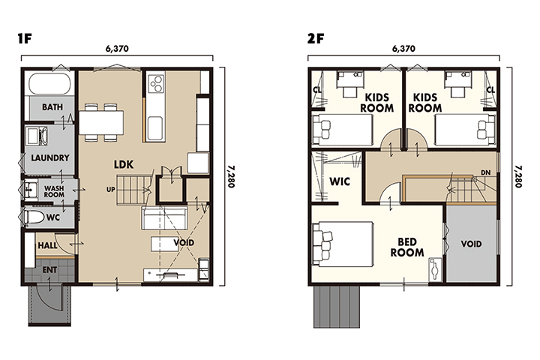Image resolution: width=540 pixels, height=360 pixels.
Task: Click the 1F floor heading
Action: pyautogui.click(x=25, y=38)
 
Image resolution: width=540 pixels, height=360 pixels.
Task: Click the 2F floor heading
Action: pyautogui.click(x=316, y=38)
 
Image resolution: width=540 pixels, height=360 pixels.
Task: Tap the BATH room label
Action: pyautogui.click(x=52, y=107)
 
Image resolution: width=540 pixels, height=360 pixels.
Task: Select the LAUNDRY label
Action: pyautogui.click(x=50, y=157)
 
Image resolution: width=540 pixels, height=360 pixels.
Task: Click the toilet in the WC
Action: pyautogui.click(x=34, y=217)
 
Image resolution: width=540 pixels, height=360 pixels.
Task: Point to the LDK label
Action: pyautogui.click(x=124, y=165)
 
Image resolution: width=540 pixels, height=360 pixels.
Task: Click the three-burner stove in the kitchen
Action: pyautogui.click(x=156, y=84)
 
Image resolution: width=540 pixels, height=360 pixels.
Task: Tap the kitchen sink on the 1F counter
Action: pyautogui.click(x=154, y=127)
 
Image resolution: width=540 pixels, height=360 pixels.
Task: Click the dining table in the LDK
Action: pyautogui.click(x=101, y=122)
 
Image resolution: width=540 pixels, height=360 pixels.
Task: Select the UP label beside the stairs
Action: pyautogui.click(x=110, y=190)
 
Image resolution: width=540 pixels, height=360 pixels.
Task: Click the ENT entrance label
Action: pyautogui.click(x=49, y=270)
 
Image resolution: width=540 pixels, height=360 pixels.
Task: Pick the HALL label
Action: pyautogui.click(x=47, y=246)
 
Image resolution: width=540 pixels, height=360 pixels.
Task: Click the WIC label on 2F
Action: pyautogui.click(x=340, y=181)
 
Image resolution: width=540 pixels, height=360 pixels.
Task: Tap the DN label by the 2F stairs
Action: pyautogui.click(x=485, y=172)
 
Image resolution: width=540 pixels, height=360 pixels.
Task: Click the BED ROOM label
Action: pyautogui.click(x=407, y=247)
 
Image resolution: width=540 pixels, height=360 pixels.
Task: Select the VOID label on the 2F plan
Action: pyautogui.click(x=471, y=244)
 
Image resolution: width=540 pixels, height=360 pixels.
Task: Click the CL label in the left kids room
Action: pyautogui.click(x=317, y=90)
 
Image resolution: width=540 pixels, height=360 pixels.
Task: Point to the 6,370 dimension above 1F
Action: pyautogui.click(x=117, y=49)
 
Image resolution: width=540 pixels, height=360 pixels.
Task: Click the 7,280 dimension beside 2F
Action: pyautogui.click(x=518, y=176)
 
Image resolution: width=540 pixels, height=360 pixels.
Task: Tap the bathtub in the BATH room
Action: pyautogui.click(x=50, y=83)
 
